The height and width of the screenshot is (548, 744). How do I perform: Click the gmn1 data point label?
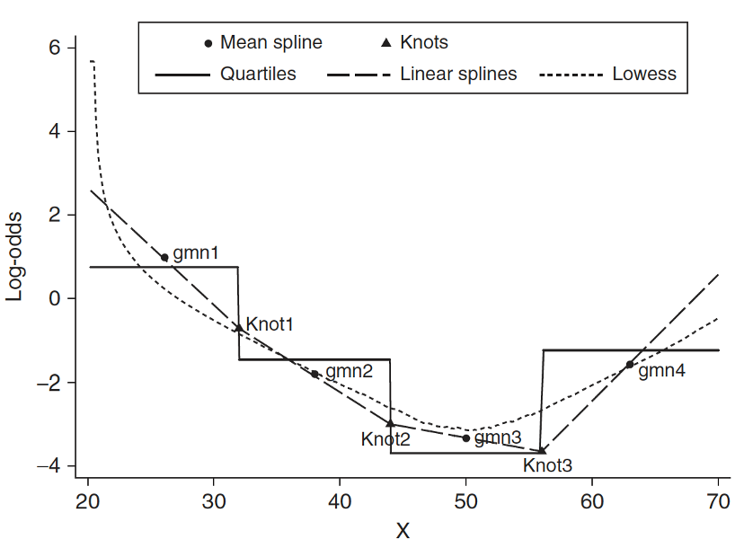point(196,253)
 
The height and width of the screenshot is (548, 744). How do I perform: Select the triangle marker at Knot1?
point(238,328)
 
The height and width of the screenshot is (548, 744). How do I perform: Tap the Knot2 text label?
point(385,439)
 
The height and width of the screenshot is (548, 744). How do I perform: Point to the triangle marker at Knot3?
point(542,451)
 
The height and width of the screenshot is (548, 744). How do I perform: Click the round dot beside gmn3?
point(465,438)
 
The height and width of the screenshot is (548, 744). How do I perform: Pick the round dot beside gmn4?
point(630,365)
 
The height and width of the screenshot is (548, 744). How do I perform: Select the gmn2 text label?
point(349,370)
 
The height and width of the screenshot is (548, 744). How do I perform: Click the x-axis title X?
point(403,530)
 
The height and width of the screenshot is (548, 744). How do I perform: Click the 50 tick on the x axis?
point(465,501)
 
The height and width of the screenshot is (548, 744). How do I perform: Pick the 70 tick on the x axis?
point(718,501)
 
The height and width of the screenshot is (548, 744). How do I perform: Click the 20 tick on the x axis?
point(88,501)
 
